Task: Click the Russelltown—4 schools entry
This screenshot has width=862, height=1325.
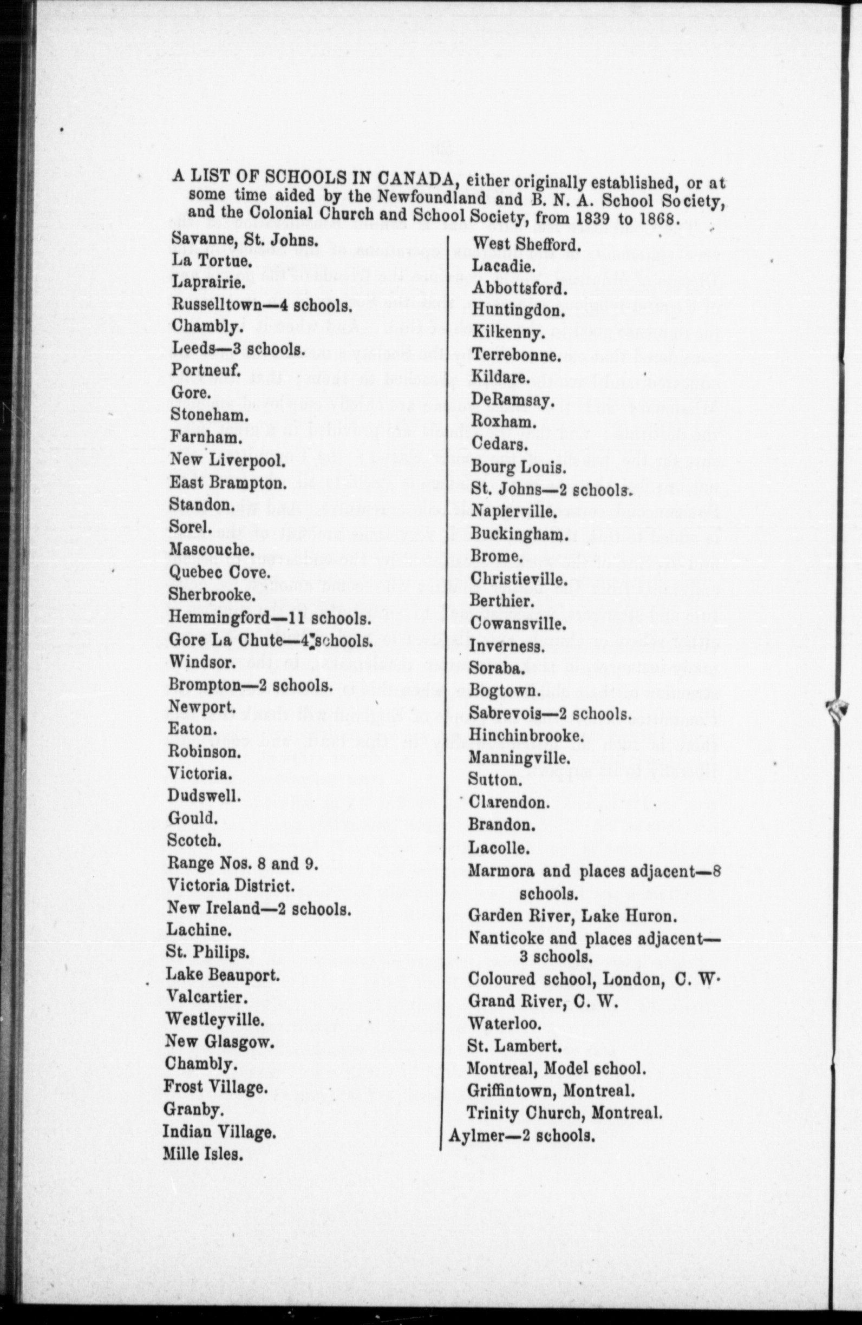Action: pyautogui.click(x=262, y=305)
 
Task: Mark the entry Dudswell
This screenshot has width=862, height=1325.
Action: pyautogui.click(x=204, y=796)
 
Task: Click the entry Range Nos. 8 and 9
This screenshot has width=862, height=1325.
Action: pyautogui.click(x=243, y=863)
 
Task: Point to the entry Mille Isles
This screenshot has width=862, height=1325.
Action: pyautogui.click(x=203, y=1155)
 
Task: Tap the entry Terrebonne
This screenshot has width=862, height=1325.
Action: pyautogui.click(x=515, y=355)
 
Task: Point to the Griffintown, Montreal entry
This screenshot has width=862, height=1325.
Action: pyautogui.click(x=551, y=1090)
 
